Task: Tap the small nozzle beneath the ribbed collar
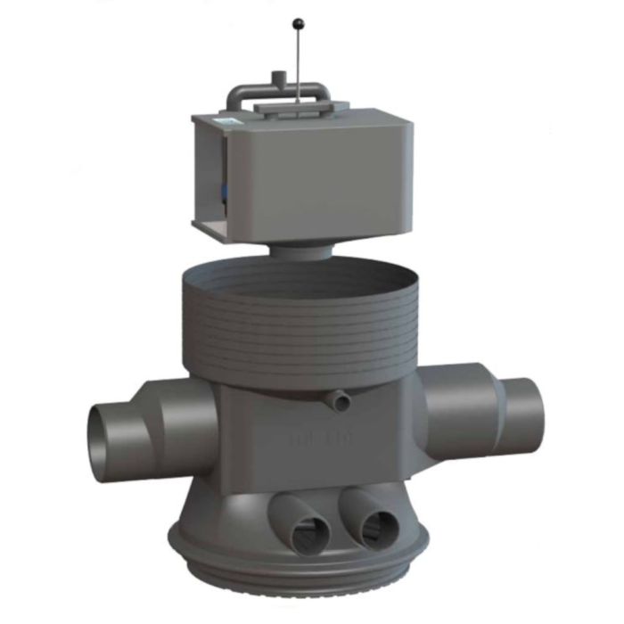pos(337,401)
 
